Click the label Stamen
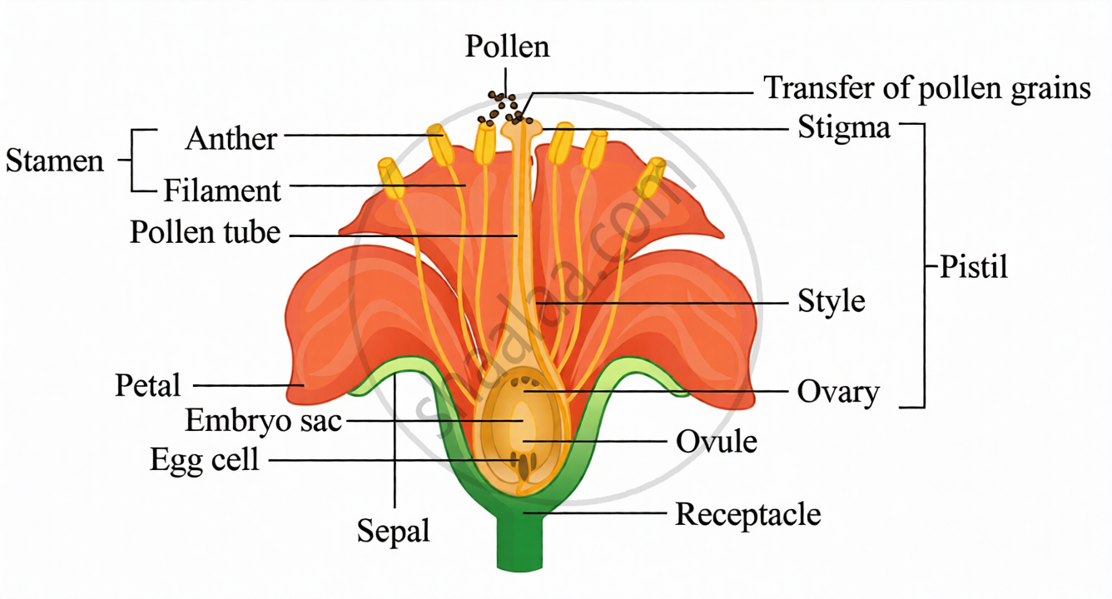[x=55, y=161]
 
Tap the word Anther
[x=231, y=138]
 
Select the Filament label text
[x=222, y=191]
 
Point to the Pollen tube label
[x=205, y=232]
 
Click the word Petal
[x=147, y=385]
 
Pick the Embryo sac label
[x=264, y=421]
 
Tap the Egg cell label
[x=205, y=460]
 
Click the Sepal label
[x=393, y=532]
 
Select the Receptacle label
[x=747, y=515]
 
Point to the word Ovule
[x=717, y=441]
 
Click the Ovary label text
[x=838, y=393]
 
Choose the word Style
[x=831, y=302]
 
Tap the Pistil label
[x=974, y=267]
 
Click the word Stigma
[x=844, y=128]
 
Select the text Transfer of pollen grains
[x=927, y=88]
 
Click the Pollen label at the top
[x=507, y=47]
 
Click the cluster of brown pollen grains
[x=504, y=108]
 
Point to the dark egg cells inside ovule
[x=523, y=464]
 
